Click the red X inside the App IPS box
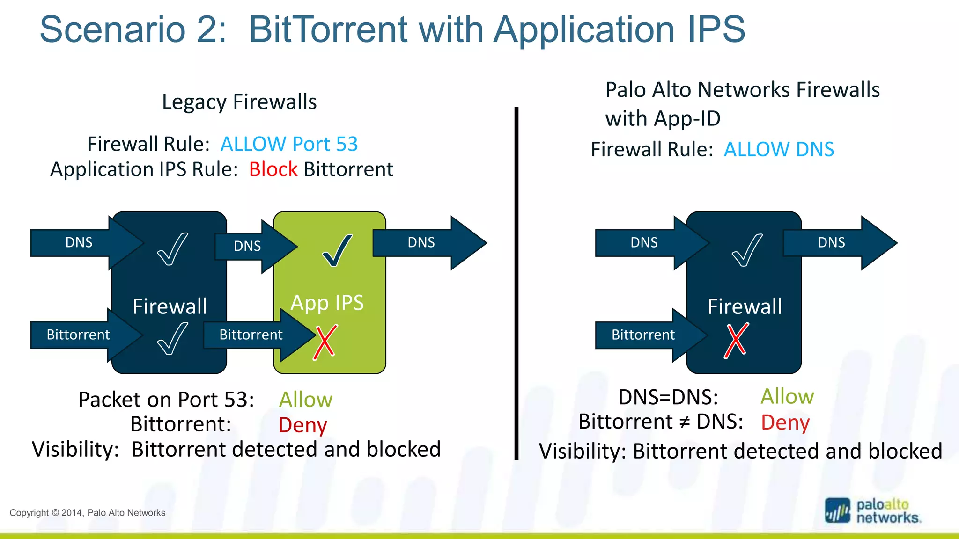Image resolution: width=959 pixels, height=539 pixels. click(x=325, y=342)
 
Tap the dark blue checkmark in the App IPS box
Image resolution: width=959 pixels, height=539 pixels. click(x=337, y=251)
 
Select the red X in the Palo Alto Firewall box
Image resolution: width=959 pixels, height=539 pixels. click(x=736, y=341)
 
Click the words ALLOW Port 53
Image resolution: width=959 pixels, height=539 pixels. click(x=289, y=144)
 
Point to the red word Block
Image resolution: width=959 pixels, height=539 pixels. click(x=273, y=169)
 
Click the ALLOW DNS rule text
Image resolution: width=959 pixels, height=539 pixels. click(x=779, y=149)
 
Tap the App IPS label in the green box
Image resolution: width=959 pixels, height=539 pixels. click(x=327, y=303)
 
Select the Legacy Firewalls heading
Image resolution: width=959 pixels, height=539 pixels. click(x=239, y=102)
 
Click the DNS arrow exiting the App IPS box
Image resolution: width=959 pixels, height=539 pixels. click(x=426, y=242)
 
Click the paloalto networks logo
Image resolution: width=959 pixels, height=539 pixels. click(x=873, y=511)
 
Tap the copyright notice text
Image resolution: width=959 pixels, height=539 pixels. click(x=88, y=513)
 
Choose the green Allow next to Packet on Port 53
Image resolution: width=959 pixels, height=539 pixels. click(x=305, y=400)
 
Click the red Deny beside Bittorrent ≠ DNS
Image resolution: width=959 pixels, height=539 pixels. click(x=785, y=422)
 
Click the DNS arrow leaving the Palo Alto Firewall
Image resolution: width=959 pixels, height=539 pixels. click(x=836, y=242)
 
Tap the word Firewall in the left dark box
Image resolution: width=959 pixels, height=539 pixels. click(x=170, y=306)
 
